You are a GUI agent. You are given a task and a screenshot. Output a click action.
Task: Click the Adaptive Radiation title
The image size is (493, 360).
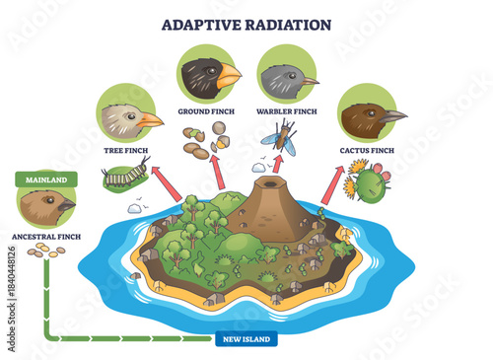[x=246, y=24]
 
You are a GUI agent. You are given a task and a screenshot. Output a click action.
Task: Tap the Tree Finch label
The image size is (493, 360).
[x=125, y=152]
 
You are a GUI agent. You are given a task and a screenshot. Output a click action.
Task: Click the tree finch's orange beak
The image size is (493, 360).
[x=151, y=120]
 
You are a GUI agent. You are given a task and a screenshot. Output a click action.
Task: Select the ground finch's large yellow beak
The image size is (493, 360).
[x=229, y=75]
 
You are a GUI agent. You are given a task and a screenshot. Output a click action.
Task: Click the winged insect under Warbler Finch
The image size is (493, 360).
[x=278, y=141]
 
